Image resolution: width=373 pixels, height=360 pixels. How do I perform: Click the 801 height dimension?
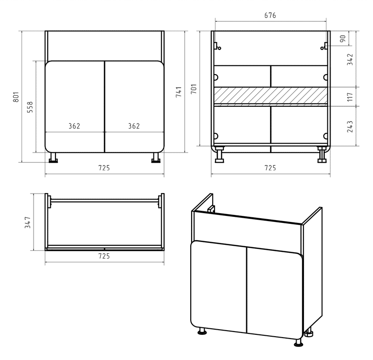point(16,97)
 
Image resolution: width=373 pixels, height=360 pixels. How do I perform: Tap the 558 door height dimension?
point(30,107)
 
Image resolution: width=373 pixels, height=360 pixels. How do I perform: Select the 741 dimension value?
point(179,92)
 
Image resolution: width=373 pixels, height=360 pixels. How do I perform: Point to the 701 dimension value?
point(193,89)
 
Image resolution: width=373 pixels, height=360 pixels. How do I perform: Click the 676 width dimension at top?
point(270,15)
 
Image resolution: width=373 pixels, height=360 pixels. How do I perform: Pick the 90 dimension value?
point(343,39)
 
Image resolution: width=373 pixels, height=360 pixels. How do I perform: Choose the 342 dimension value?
point(350,60)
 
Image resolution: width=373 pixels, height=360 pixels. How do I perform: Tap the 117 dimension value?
point(350,97)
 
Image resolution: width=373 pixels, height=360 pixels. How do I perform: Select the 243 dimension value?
point(350,126)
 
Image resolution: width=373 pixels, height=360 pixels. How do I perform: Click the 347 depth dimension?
point(28,222)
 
